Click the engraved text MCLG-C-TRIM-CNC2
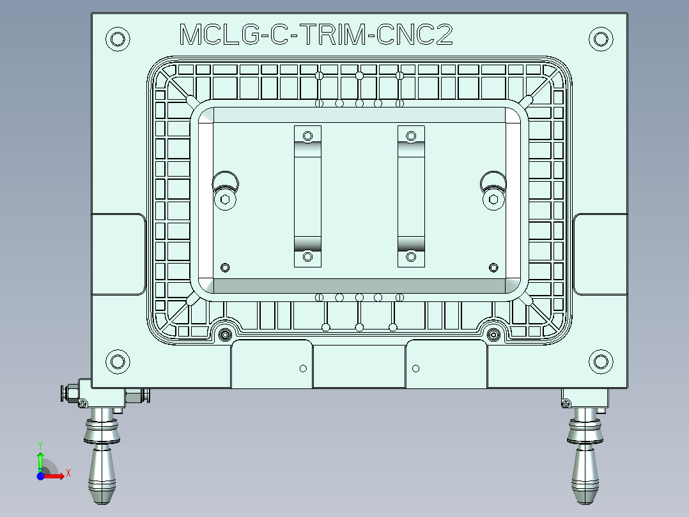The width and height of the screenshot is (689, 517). tap(316, 35)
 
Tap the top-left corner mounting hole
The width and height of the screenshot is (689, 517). tap(118, 39)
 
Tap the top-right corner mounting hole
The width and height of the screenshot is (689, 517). tap(600, 39)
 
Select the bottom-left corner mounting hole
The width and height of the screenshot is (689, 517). tap(118, 362)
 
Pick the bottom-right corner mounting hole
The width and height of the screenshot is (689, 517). tap(600, 362)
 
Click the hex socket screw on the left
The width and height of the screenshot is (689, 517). tap(225, 200)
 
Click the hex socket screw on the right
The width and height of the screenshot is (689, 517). tap(493, 200)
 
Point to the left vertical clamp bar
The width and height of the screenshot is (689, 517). tap(307, 196)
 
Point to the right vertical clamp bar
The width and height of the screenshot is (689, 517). tap(412, 196)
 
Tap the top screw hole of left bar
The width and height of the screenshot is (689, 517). tap(307, 136)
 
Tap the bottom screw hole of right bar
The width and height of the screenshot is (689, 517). tap(412, 257)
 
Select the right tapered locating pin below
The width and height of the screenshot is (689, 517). tap(585, 470)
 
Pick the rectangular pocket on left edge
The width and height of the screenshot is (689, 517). tap(118, 254)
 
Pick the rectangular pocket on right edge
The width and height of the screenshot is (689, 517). tap(600, 254)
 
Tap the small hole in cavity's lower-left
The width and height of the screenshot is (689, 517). tap(224, 267)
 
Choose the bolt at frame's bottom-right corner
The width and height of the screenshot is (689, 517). tap(493, 334)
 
